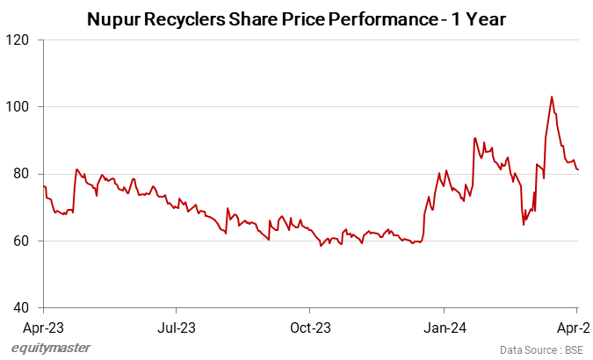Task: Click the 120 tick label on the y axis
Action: [x=19, y=40]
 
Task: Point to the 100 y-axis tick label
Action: [x=19, y=107]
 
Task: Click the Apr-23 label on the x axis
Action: [x=43, y=328]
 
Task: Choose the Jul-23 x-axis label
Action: [x=177, y=328]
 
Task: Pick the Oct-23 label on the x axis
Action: [x=310, y=328]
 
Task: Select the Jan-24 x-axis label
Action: [x=445, y=328]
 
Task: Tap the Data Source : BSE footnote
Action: [x=540, y=349]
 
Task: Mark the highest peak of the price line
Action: [x=551, y=97]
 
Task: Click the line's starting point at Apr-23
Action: [x=44, y=186]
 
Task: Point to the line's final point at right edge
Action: [x=578, y=170]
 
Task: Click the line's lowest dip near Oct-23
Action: [x=321, y=246]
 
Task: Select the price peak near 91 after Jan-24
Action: [x=474, y=138]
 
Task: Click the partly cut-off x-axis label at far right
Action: [x=579, y=328]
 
